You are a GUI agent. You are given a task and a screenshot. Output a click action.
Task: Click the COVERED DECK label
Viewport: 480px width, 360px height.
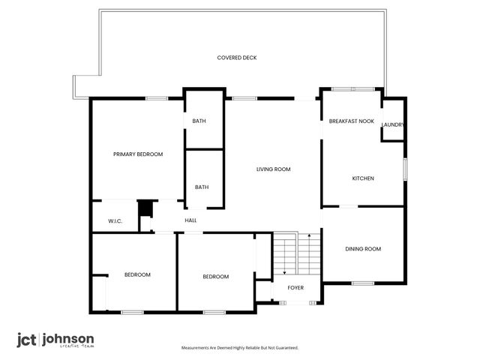point(237,58)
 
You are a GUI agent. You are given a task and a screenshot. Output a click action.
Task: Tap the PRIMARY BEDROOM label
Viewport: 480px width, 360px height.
point(138,154)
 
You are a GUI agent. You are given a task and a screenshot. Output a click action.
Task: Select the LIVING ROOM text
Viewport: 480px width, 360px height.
point(273,169)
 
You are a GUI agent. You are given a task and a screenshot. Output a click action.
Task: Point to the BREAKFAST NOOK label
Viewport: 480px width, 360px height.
point(351,121)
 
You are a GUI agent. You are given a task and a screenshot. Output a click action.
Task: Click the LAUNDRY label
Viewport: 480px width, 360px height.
point(393,125)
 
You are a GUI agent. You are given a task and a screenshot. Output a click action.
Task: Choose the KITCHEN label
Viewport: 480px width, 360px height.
point(363,178)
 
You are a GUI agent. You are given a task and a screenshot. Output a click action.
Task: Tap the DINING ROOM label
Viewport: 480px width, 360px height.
point(363,249)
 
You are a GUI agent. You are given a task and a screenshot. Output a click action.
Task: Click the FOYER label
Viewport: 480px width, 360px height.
point(295,287)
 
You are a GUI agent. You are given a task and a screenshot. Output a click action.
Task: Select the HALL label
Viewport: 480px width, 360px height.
point(190,220)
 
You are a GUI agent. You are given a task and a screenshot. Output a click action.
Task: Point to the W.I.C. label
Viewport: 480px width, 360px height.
point(115,221)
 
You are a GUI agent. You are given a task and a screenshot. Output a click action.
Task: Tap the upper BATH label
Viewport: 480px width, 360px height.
point(199,121)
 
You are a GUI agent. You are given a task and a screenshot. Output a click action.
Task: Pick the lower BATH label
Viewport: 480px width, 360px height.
point(202,187)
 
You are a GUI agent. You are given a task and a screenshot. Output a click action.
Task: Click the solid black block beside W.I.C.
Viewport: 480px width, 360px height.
point(145,208)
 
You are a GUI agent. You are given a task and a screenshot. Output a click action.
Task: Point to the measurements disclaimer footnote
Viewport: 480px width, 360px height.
point(240,348)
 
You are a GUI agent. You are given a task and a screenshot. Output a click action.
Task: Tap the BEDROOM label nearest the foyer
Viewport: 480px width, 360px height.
point(216,277)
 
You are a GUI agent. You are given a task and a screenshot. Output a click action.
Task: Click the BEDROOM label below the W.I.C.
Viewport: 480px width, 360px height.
point(137,274)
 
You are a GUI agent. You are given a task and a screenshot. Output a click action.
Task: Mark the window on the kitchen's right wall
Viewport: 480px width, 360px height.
point(404,169)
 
